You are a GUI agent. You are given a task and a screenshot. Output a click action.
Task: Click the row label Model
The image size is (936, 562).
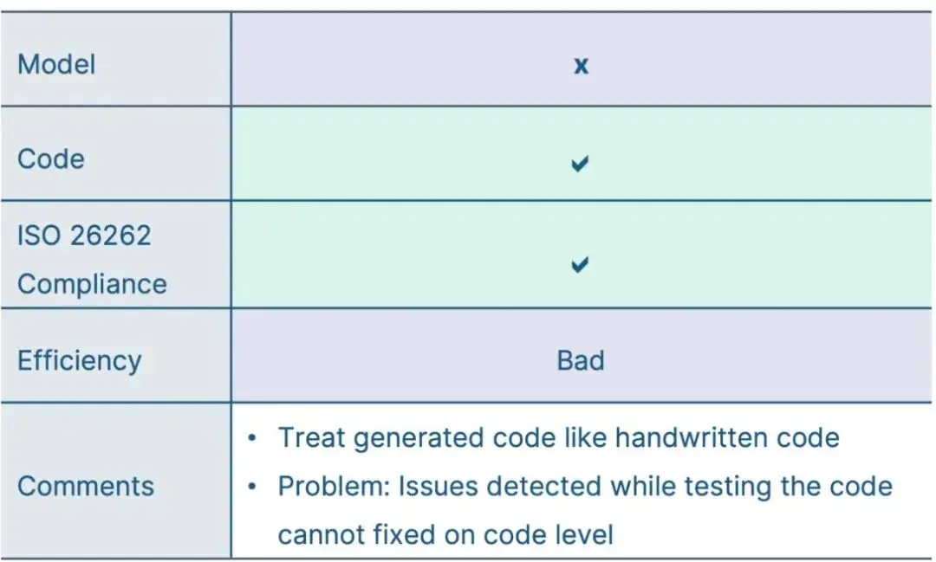56,64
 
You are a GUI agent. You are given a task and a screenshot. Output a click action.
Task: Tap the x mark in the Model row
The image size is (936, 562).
581,65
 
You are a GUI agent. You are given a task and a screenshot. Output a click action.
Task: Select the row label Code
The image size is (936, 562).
51,158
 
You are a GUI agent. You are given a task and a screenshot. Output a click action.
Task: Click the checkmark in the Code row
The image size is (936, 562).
580,163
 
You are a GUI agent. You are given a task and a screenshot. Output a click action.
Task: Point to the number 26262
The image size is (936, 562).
110,235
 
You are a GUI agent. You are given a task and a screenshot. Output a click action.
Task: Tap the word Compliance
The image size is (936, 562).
92,284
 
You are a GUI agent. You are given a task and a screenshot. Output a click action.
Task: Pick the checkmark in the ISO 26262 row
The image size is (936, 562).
580,264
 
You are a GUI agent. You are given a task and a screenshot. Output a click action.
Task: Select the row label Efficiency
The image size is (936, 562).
80,360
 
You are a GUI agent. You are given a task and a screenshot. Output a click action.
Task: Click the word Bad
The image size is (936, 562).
580,360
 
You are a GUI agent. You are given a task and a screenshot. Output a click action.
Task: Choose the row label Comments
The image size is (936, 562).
85,486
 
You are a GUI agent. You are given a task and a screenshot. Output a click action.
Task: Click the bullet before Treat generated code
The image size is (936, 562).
252,438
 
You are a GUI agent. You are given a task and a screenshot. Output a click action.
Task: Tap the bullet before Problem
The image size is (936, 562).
252,487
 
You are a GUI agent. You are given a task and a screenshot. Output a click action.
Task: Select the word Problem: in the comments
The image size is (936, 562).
334,487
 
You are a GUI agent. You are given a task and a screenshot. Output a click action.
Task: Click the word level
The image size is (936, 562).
586,534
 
